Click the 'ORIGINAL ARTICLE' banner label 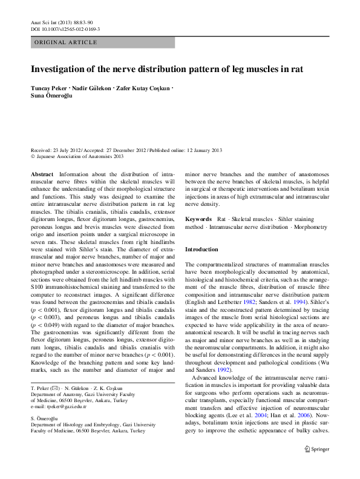click(65, 42)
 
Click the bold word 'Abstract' click(42, 174)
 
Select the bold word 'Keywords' click(198, 219)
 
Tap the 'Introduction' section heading click(201, 249)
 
